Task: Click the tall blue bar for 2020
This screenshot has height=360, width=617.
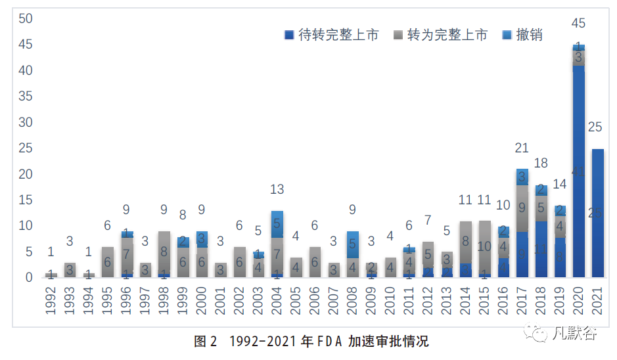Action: point(579,171)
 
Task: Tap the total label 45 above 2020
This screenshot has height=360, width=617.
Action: point(579,24)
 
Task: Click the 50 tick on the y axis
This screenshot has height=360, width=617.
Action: point(26,18)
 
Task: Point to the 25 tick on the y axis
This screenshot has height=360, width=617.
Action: point(26,148)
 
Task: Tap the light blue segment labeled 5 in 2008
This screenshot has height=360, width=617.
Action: point(353,244)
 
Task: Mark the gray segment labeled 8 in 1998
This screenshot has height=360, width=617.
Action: point(164,252)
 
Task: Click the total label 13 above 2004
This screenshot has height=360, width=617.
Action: point(277,190)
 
